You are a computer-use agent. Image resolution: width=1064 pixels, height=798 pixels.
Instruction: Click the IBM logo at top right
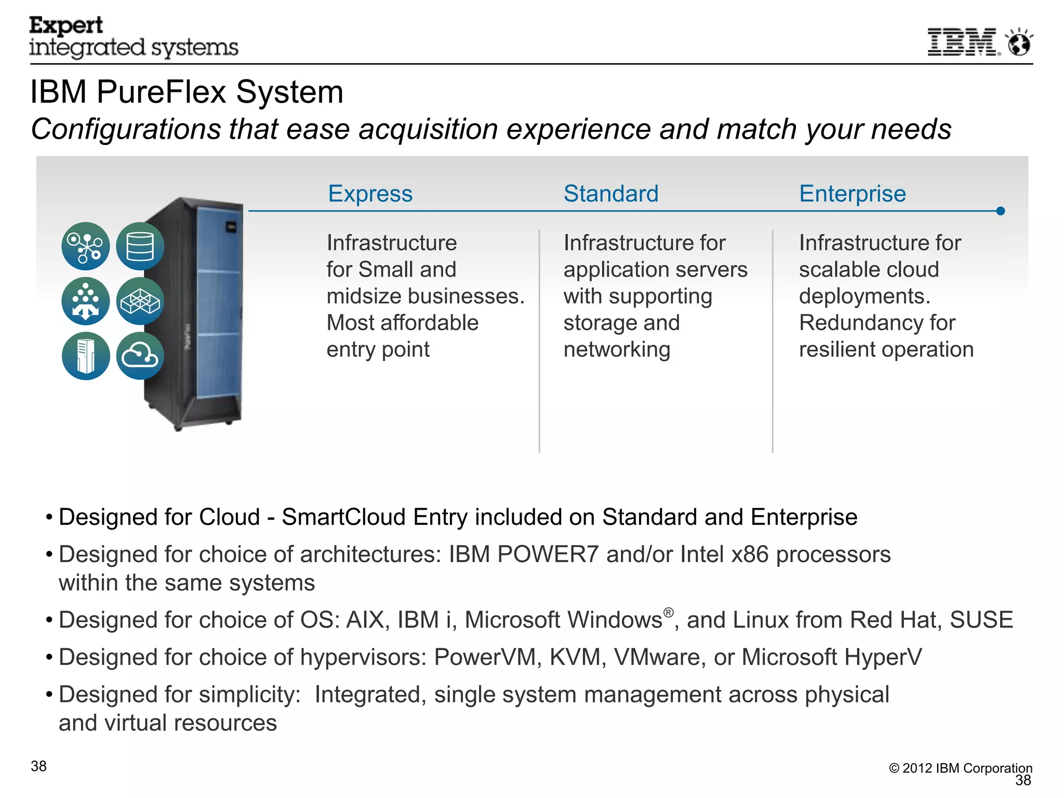pyautogui.click(x=963, y=42)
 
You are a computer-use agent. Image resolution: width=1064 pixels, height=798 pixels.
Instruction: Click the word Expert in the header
pyautogui.click(x=66, y=25)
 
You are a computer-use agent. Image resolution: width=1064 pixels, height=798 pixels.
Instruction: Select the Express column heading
pyautogui.click(x=370, y=194)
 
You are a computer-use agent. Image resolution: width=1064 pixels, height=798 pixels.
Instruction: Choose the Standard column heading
pyautogui.click(x=611, y=194)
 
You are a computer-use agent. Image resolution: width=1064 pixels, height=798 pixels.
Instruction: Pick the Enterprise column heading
pyautogui.click(x=852, y=194)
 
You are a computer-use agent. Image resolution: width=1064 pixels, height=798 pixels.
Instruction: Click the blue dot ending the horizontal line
pyautogui.click(x=1001, y=211)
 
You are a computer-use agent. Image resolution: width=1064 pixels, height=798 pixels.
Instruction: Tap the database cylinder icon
pyautogui.click(x=140, y=246)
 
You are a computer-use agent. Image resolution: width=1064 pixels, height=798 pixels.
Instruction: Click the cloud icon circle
pyautogui.click(x=140, y=356)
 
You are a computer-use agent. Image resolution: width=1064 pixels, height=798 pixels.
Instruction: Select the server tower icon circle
pyautogui.click(x=86, y=356)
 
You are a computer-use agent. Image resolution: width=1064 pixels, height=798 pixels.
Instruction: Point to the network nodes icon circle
pyautogui.click(x=86, y=246)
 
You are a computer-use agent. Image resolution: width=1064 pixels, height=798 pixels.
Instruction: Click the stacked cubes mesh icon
pyautogui.click(x=140, y=301)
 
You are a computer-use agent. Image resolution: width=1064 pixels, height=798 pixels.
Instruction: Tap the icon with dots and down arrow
pyautogui.click(x=86, y=301)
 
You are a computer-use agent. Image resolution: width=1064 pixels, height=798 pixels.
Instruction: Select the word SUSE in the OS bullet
pyautogui.click(x=981, y=620)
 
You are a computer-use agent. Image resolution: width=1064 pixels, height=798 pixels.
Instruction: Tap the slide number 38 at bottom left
pyautogui.click(x=39, y=766)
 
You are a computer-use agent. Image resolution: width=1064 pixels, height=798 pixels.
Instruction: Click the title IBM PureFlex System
pyautogui.click(x=187, y=92)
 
